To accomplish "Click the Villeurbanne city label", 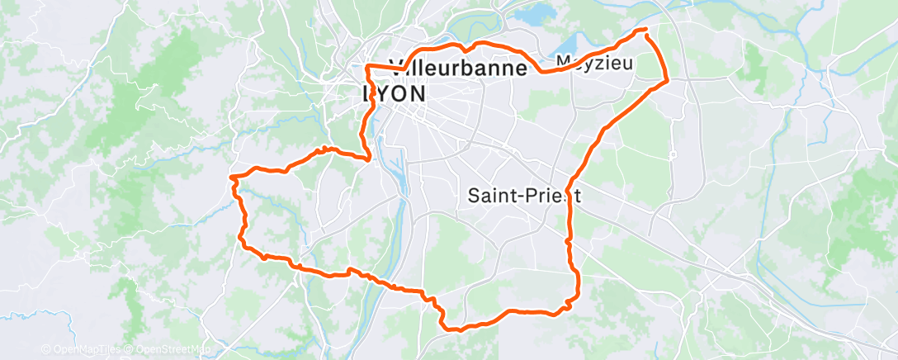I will pyautogui.click(x=456, y=69).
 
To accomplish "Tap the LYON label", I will pyautogui.click(x=395, y=94).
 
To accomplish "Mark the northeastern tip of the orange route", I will pyautogui.click(x=645, y=31).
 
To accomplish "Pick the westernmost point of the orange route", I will pyautogui.click(x=231, y=176).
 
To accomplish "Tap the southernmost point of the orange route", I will pyautogui.click(x=453, y=329).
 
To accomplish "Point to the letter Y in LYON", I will pyautogui.click(x=386, y=94).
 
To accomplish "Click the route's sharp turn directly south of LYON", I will pyautogui.click(x=368, y=157).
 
